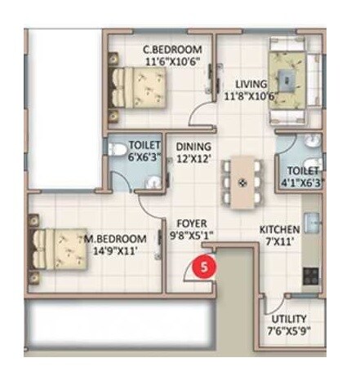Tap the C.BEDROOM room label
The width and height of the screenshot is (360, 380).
point(172,48)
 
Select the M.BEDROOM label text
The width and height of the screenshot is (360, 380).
point(116,238)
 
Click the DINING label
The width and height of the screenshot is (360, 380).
point(193,147)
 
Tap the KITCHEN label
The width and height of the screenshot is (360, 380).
point(279,229)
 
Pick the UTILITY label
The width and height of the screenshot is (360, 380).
point(290,318)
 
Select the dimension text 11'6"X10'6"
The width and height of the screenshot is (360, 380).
point(172,60)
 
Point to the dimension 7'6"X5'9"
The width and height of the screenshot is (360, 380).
point(290,330)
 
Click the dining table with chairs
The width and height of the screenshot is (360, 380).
point(242,179)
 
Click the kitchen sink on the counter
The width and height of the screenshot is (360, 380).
point(311,223)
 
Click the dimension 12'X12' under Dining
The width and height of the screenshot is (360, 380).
point(193,159)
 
